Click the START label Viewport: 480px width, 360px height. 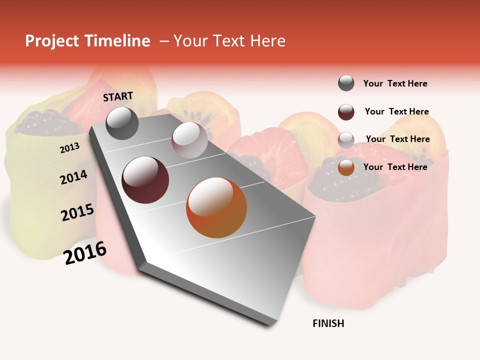[x=118, y=96]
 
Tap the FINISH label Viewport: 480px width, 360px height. [x=328, y=323]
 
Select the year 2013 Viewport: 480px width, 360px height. [x=69, y=147]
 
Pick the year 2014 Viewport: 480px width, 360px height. [x=73, y=177]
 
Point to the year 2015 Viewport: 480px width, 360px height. [x=77, y=212]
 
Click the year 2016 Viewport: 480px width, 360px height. [x=85, y=252]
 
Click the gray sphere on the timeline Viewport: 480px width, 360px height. [x=122, y=123]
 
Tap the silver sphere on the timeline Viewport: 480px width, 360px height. [x=189, y=140]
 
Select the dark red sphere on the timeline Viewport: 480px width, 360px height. [x=145, y=180]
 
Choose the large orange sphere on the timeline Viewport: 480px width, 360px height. [x=216, y=207]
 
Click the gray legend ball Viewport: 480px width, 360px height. [x=346, y=83]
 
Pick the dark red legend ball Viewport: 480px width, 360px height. [x=346, y=112]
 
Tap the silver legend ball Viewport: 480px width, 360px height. [x=346, y=140]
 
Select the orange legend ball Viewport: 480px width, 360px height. [x=346, y=167]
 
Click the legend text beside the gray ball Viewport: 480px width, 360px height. [x=395, y=83]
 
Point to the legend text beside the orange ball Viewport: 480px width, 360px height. [x=395, y=167]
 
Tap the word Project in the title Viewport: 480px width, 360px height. [x=51, y=41]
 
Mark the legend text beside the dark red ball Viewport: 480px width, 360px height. [x=396, y=111]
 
